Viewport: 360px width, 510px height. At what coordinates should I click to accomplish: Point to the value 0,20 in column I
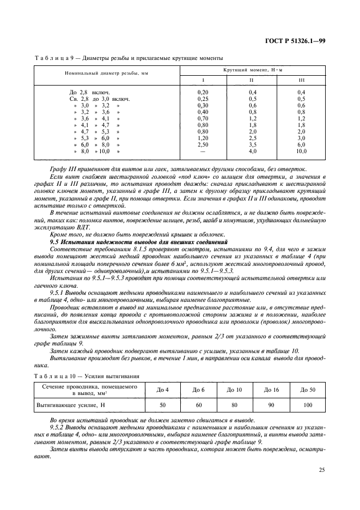coord(203,93)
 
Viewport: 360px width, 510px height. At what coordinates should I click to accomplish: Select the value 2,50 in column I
coord(203,145)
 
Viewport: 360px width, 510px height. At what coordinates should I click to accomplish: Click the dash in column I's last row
coord(203,152)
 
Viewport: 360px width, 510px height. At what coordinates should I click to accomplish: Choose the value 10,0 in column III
coord(301,152)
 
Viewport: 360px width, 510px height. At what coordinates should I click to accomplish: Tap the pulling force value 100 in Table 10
coord(308,406)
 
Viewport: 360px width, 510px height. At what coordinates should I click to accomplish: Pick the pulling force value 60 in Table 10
coord(198,406)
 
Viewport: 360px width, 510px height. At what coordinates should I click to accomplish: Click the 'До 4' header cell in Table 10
coord(162,390)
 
